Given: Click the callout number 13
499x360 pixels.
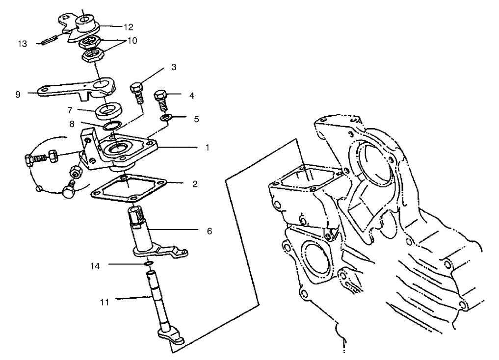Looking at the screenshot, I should tap(23, 44).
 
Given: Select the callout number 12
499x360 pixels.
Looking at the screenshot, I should tap(129, 27).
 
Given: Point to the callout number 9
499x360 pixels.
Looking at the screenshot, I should tap(18, 94).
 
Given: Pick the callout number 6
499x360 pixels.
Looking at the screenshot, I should tap(209, 230).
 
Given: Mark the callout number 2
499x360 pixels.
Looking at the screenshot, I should tap(195, 184).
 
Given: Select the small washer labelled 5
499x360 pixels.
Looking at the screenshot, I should tap(167, 118).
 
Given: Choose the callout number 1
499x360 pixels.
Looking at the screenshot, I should tap(208, 147).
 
